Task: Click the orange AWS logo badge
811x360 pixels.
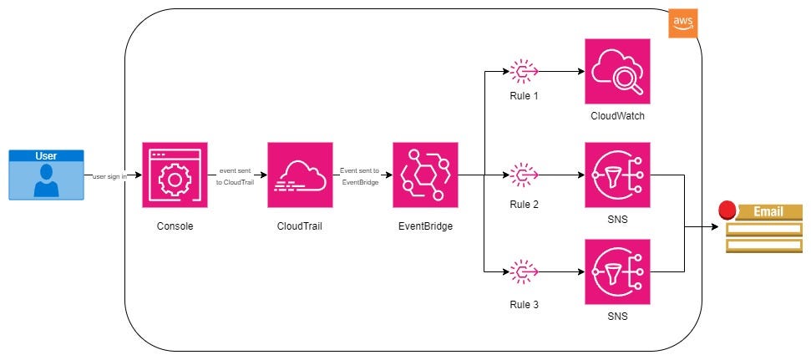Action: click(x=682, y=24)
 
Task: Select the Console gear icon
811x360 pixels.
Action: click(x=175, y=175)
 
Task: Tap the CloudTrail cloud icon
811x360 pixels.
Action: click(x=300, y=175)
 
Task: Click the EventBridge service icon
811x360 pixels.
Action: click(x=425, y=175)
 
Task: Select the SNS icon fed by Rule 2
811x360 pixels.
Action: click(x=617, y=175)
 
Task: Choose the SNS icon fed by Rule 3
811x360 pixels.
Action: click(x=617, y=271)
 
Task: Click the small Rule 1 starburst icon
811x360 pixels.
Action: click(x=524, y=73)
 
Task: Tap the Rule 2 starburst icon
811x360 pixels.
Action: click(x=524, y=175)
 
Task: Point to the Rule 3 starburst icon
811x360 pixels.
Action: click(x=524, y=272)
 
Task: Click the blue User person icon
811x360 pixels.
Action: click(x=47, y=180)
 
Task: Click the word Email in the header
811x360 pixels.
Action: click(x=768, y=211)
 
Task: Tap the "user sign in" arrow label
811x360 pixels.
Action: click(x=109, y=176)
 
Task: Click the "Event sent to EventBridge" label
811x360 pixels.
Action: click(x=359, y=175)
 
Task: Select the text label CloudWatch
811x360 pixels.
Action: click(x=617, y=116)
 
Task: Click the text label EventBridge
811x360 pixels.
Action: click(x=425, y=226)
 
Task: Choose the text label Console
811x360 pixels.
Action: click(x=175, y=226)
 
